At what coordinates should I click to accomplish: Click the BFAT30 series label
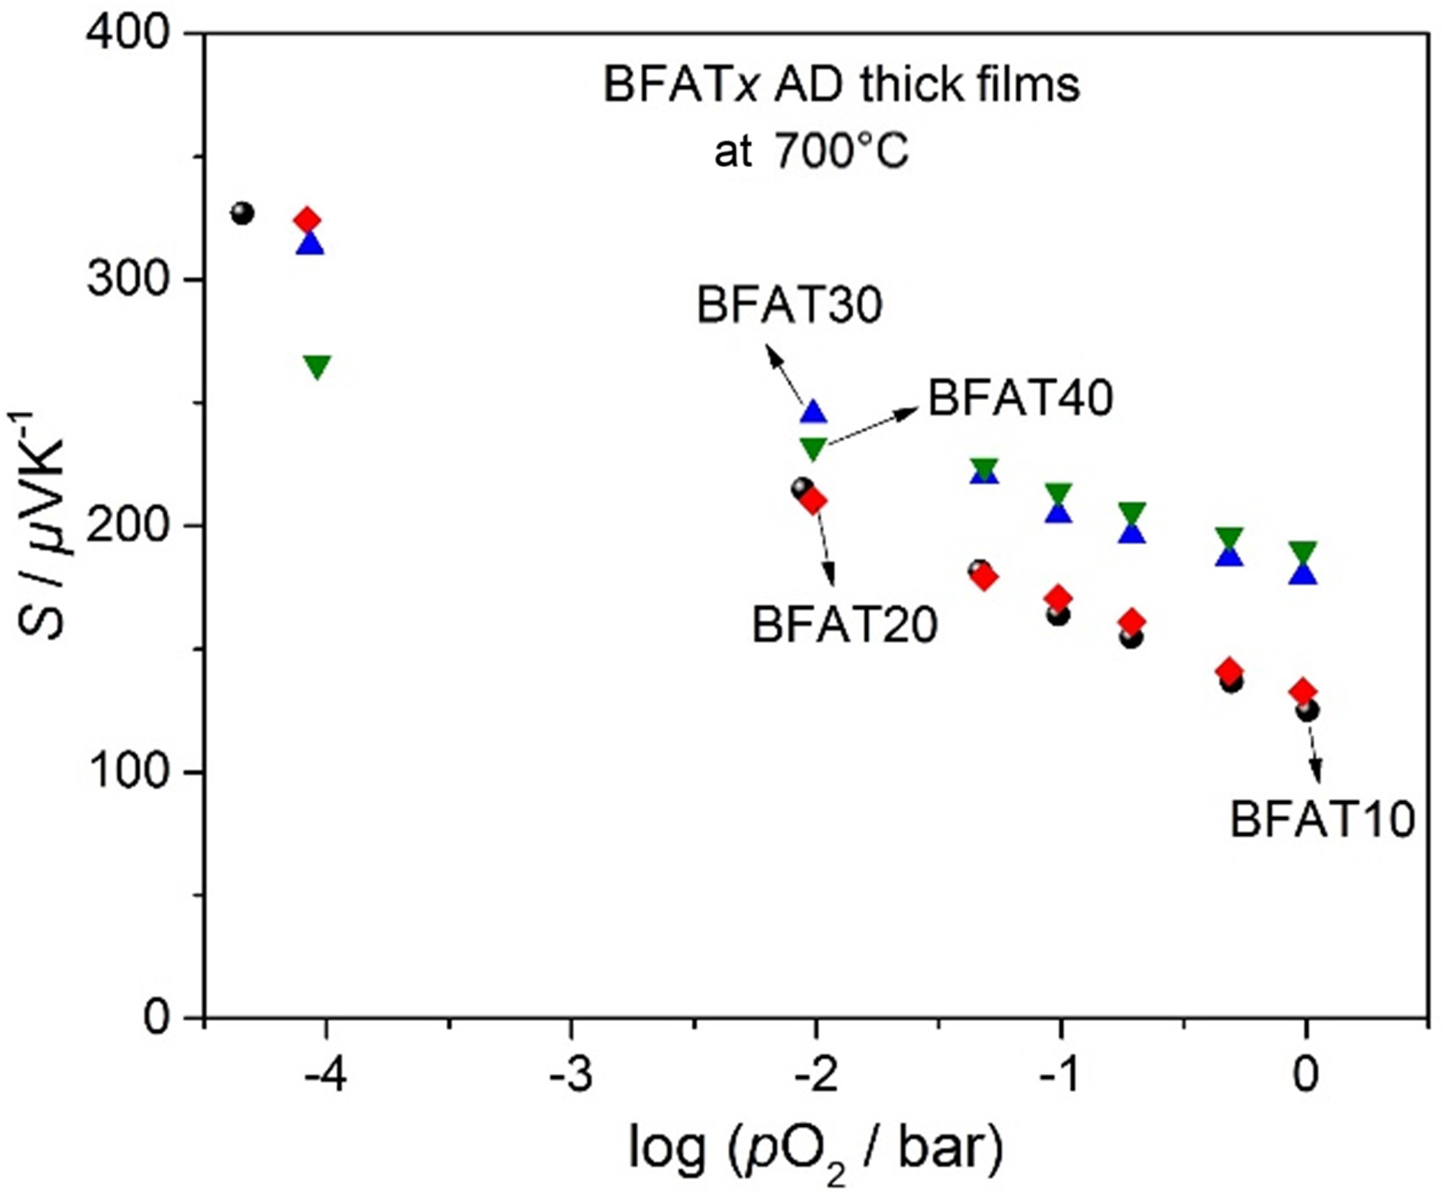790,305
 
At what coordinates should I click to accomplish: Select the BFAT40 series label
1020,399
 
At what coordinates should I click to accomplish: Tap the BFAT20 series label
844,625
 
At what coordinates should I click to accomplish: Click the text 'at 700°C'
811,150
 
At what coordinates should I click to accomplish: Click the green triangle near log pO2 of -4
318,366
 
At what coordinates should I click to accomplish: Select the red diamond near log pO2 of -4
307,221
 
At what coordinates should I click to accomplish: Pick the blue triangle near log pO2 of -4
310,244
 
